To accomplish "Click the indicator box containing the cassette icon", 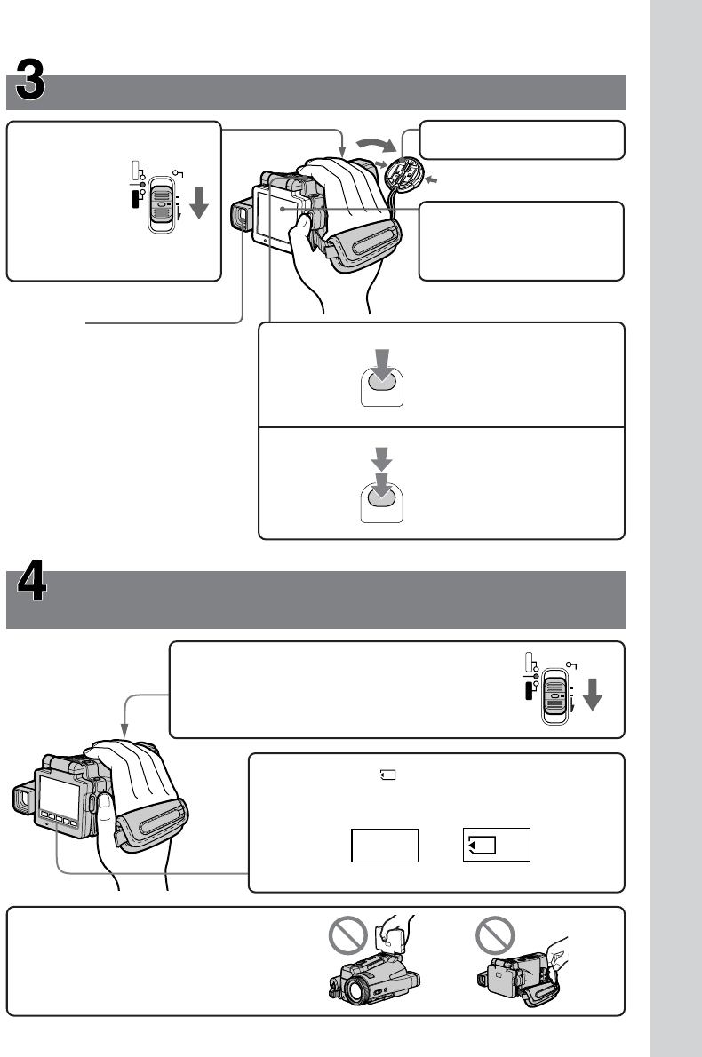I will [x=497, y=844].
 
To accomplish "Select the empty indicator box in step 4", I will [x=385, y=845].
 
